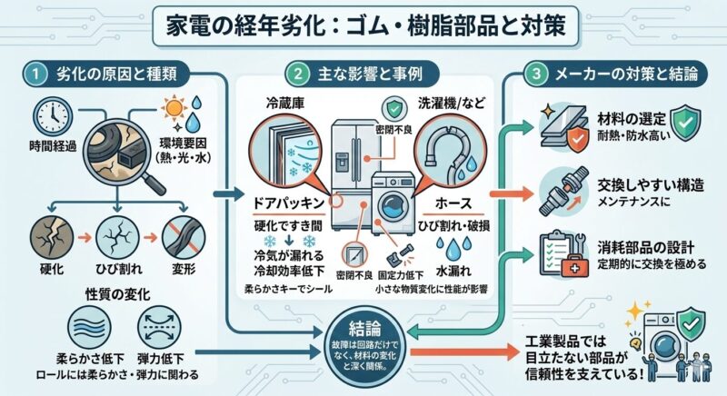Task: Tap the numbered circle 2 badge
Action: pos(294,72)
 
